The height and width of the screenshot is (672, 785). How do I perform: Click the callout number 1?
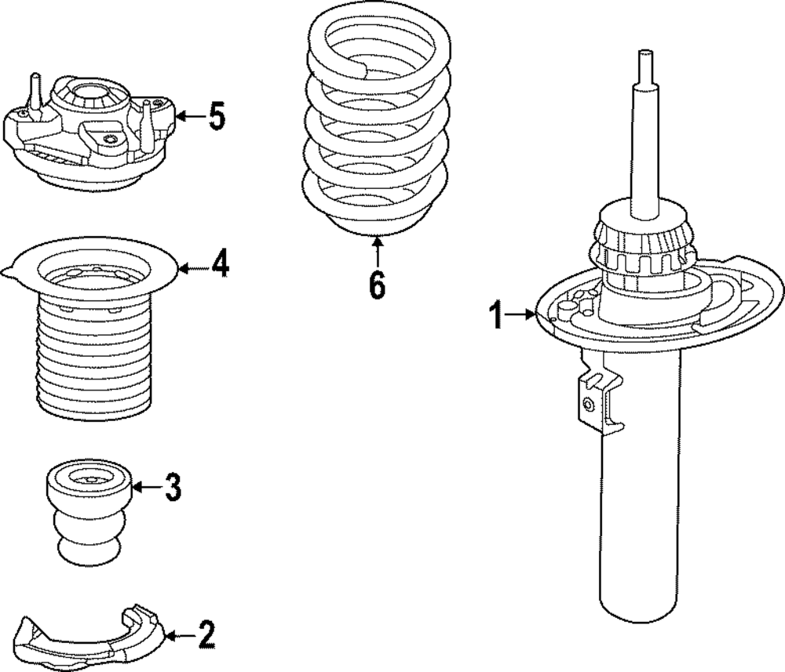pos(495,315)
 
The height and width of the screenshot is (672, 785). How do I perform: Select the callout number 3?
pos(173,488)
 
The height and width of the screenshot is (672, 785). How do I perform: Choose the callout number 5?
pos(216,117)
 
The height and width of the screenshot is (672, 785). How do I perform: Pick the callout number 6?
pos(378,285)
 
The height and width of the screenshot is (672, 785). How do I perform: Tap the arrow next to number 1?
pos(519,315)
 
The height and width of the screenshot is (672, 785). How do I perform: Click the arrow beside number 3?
pos(147,488)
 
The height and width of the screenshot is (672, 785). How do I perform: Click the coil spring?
pos(378,125)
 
